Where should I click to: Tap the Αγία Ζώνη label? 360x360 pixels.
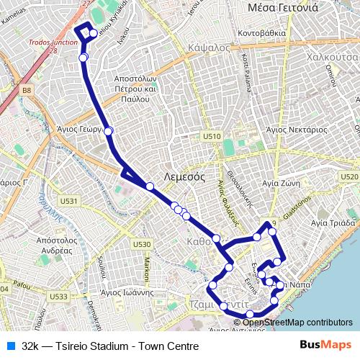click(292, 184)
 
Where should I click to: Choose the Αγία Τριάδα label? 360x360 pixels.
click(333, 223)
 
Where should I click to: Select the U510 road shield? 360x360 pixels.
click(212, 135)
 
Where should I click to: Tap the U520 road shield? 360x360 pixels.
click(348, 176)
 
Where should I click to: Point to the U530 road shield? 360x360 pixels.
click(142, 245)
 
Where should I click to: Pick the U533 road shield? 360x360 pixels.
click(60, 296)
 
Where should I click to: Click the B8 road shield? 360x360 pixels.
click(27, 90)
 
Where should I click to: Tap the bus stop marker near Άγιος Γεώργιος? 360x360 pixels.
click(109, 130)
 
